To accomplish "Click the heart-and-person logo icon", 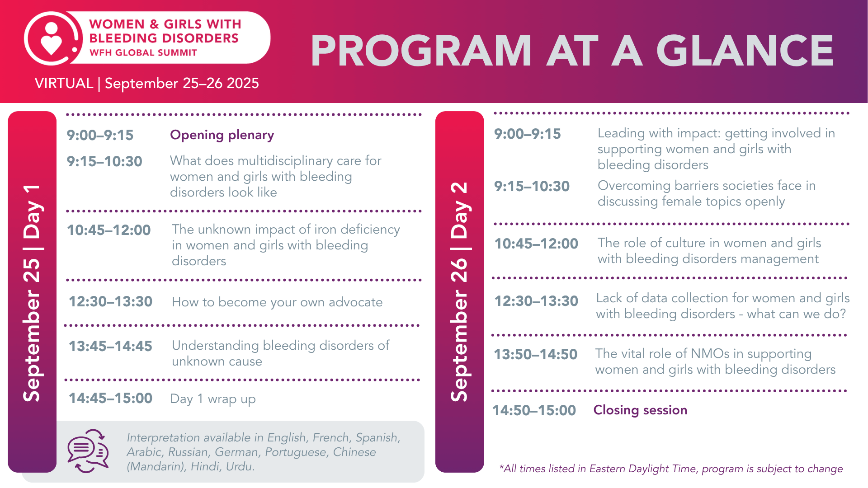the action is point(52,39).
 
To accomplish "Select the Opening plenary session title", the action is point(222,135).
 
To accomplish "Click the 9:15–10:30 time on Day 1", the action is point(104,161).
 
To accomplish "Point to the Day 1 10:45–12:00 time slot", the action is point(109,230).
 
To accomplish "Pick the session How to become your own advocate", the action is point(277,302).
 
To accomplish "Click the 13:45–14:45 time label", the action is point(110,346).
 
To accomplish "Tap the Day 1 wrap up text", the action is point(213,399).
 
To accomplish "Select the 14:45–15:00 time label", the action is point(110,398).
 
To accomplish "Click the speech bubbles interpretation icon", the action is point(88,451).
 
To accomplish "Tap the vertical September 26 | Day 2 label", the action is point(459,292).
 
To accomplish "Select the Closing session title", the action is point(640,410).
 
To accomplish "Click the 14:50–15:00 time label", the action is point(534,410).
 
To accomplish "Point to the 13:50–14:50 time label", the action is point(535,354).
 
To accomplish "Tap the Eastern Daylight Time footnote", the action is point(671,469).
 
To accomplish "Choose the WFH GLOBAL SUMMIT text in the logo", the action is point(143,52).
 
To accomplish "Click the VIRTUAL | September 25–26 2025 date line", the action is point(147,83).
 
